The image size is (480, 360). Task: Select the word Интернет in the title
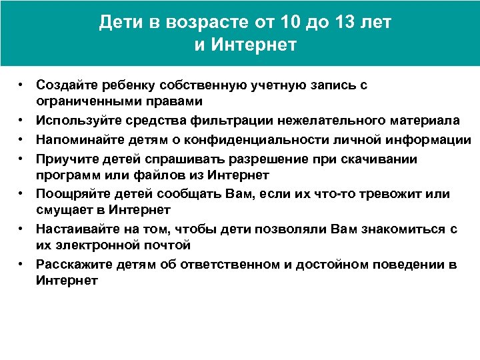point(254,45)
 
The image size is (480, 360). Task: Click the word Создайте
point(65,85)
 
